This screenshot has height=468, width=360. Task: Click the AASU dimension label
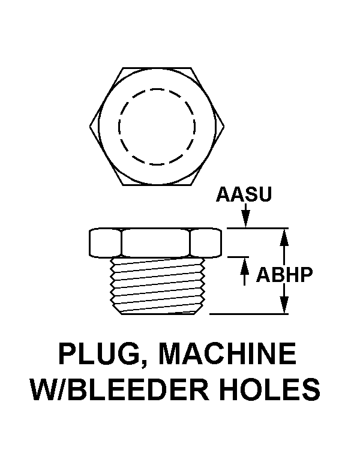click(244, 194)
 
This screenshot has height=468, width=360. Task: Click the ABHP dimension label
click(284, 275)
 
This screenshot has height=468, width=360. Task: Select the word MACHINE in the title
click(227, 353)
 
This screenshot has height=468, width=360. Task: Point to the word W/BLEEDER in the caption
click(120, 389)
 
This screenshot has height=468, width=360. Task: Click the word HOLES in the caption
click(270, 389)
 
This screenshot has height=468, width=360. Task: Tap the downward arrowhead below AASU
click(245, 220)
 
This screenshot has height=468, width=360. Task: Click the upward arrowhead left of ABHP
click(245, 265)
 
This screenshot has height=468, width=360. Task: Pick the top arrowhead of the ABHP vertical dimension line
click(284, 237)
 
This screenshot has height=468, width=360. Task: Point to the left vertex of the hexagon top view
click(89, 126)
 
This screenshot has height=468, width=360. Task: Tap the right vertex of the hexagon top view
click(224, 126)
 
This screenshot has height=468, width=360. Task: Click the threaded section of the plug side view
click(157, 284)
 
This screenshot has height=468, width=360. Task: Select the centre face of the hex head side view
click(155, 242)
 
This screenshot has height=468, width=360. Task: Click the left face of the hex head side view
click(106, 242)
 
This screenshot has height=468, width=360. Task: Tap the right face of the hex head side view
click(206, 242)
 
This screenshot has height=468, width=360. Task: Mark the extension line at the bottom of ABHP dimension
click(249, 314)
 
